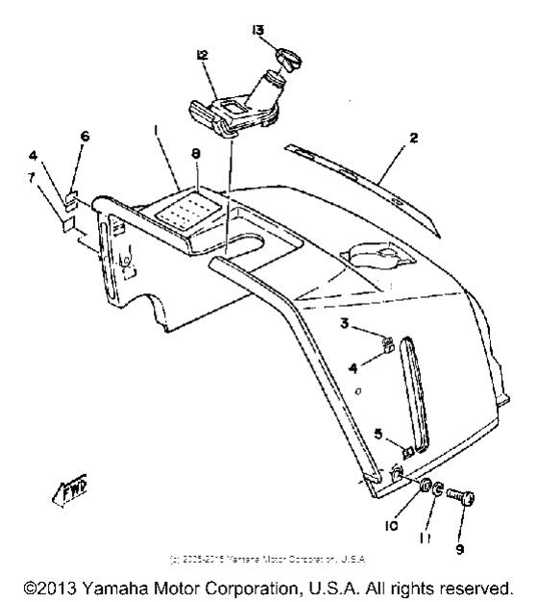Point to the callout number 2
coord(413,138)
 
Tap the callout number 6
coord(84,138)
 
